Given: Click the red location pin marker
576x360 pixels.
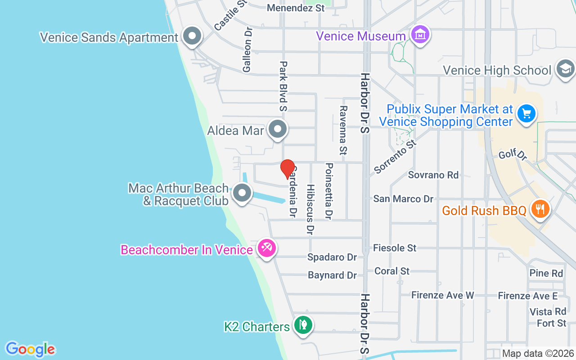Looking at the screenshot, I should (288, 169).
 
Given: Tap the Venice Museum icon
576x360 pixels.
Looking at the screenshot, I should (420, 35).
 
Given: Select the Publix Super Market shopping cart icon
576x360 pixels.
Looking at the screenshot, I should (526, 113).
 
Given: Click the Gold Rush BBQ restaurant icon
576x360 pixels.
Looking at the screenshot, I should (539, 209).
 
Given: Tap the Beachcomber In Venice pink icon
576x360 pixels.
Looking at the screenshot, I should (266, 248).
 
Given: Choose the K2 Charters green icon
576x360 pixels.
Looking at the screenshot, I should (303, 324).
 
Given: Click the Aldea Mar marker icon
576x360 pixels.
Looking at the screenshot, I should (277, 129).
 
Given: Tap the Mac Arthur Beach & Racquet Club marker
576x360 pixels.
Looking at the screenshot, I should (242, 193).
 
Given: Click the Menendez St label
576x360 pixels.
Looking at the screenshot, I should (296, 8).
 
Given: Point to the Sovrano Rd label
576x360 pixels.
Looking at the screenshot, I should (433, 175).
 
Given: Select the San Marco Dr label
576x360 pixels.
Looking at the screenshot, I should (403, 198).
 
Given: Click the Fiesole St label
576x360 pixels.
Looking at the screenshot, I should (395, 247).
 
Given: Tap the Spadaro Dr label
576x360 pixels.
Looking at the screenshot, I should (332, 257).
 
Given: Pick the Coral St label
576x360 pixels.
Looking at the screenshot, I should (392, 271).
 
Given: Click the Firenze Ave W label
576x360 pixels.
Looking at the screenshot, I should (443, 295).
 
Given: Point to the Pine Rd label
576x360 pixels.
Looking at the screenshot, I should (546, 273).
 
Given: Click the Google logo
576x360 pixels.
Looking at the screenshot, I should (30, 349).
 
